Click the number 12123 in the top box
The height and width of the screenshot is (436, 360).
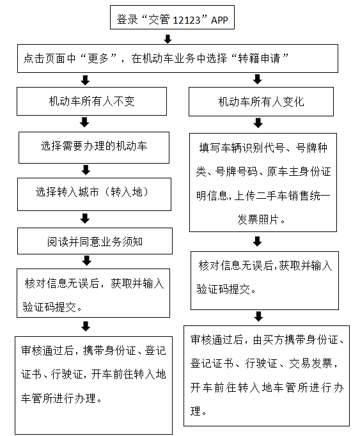point(187,20)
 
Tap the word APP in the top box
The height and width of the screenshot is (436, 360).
point(219,20)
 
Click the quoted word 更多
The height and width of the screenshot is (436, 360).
point(98,58)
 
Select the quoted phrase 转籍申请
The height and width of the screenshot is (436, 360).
point(259,58)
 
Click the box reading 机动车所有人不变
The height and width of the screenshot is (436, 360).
point(92,101)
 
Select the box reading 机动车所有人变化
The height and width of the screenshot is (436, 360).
point(261,102)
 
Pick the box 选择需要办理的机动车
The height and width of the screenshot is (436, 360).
point(94,148)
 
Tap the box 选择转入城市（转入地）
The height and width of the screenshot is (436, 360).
point(94,194)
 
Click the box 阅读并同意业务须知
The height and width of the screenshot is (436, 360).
point(95,241)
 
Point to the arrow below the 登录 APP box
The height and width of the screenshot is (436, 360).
point(168,39)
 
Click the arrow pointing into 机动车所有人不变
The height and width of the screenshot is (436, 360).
point(85,80)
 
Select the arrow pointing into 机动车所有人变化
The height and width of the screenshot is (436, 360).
point(257,79)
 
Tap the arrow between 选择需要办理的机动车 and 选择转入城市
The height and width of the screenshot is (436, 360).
point(86,170)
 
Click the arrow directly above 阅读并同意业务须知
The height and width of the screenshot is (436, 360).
point(85,219)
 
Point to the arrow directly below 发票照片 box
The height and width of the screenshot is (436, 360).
point(257,242)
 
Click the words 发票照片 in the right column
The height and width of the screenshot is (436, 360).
point(258,220)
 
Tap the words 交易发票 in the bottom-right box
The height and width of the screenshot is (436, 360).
point(311,363)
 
